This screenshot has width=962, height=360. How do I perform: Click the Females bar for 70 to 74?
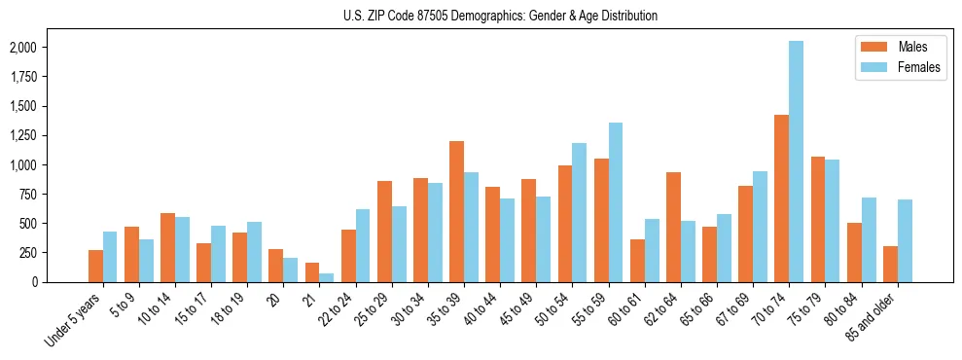[796, 162]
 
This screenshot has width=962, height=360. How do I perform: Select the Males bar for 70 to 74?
[781, 198]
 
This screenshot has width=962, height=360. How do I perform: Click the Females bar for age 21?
[326, 277]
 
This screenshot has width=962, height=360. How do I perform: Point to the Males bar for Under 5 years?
[95, 266]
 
